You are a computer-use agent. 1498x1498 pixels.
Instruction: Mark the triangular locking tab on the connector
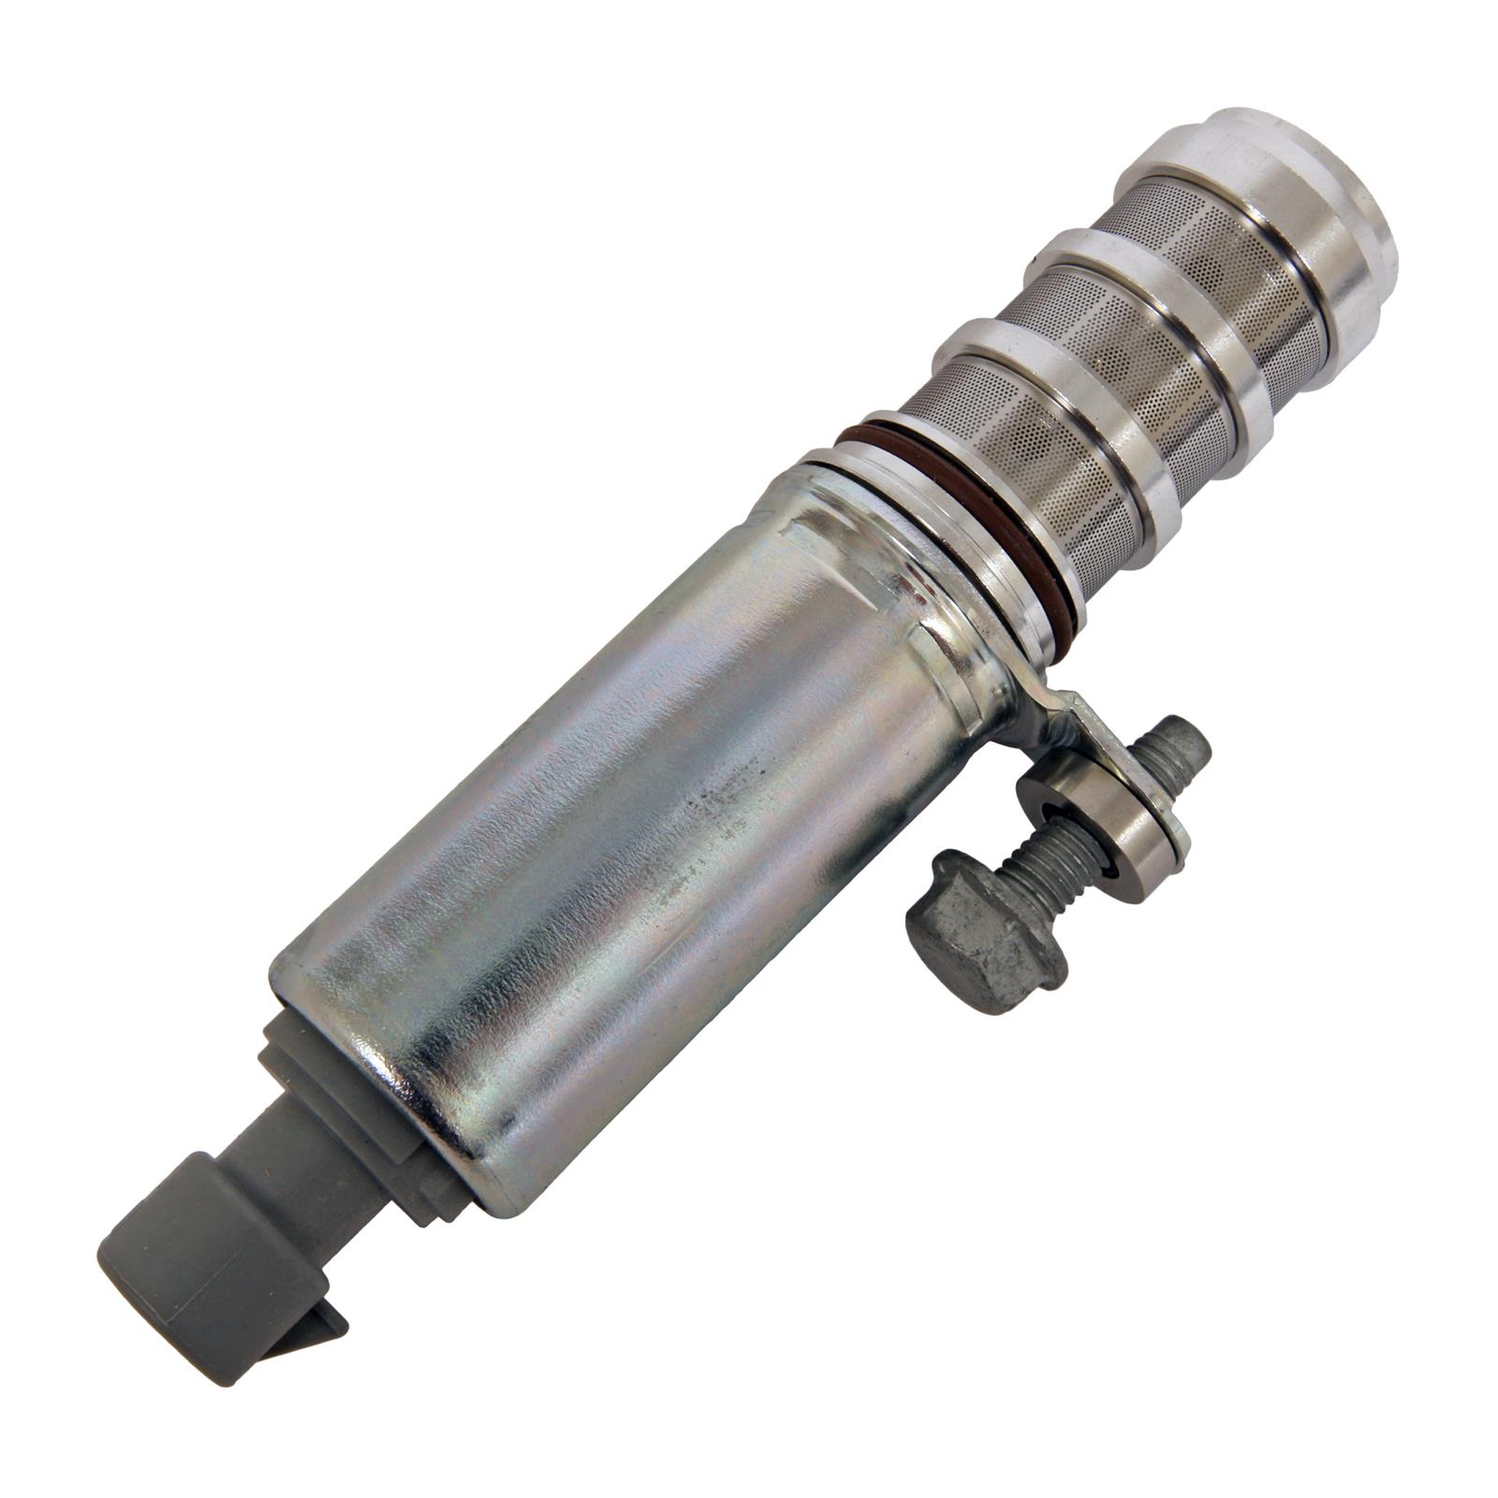pyautogui.click(x=318, y=1329)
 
